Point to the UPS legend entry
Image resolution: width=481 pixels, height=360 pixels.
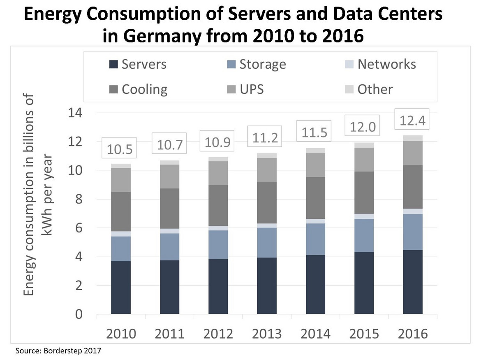coord(246,89)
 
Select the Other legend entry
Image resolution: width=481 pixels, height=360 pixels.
coord(369,89)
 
